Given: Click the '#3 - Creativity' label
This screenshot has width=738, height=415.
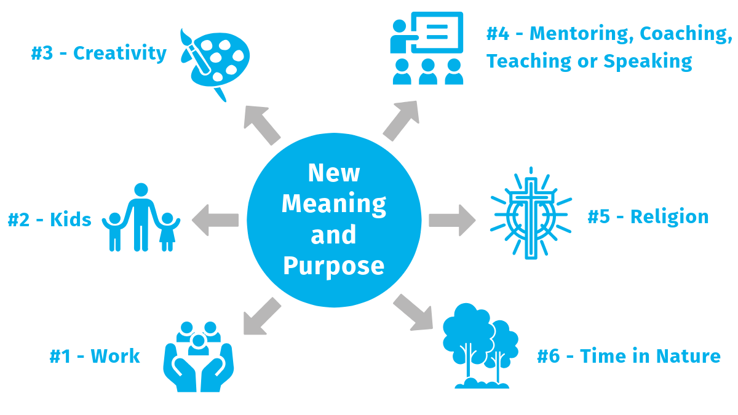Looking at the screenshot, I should [98, 53].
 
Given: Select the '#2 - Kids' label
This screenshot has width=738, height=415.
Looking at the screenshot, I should [49, 219].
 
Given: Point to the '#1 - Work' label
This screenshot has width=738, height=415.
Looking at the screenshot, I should [95, 356].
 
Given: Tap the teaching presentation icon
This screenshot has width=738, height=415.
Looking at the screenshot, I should [427, 48].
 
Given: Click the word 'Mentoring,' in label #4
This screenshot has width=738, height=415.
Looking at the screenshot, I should [581, 34].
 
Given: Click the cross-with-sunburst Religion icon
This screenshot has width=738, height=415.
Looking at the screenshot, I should [530, 215].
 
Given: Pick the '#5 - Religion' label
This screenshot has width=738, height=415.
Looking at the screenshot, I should [648, 217].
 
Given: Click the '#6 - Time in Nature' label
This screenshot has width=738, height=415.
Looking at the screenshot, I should [629, 356].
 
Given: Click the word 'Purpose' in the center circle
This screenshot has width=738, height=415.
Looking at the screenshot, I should [333, 266].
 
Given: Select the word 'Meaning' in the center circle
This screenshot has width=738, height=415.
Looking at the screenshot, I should [334, 204].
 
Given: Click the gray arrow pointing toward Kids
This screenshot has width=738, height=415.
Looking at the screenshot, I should [215, 219].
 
